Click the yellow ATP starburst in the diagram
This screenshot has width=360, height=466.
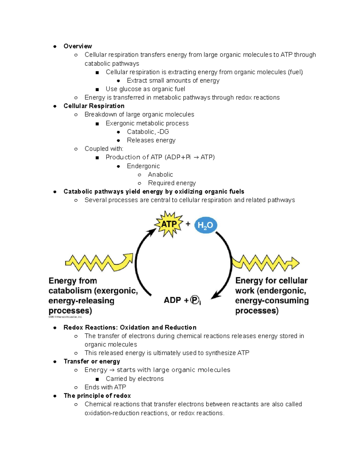click(x=169, y=224)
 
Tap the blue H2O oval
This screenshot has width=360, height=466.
click(x=205, y=225)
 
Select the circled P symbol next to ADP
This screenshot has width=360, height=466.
click(x=195, y=300)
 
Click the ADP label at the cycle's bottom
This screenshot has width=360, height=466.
click(x=172, y=300)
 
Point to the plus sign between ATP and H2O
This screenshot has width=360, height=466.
click(x=188, y=224)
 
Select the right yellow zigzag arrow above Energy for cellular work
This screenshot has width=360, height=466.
click(x=266, y=263)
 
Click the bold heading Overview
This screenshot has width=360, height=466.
click(x=78, y=46)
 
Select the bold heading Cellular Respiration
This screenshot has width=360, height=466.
click(x=94, y=106)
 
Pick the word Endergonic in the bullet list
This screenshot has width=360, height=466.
click(x=143, y=166)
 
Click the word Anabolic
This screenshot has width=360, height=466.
click(x=160, y=175)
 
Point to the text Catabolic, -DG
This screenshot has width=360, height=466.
click(x=148, y=132)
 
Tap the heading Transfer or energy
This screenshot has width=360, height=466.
click(x=92, y=361)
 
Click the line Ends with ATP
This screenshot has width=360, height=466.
click(x=105, y=387)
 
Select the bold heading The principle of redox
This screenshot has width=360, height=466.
click(x=97, y=396)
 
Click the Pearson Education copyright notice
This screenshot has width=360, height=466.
click(x=65, y=317)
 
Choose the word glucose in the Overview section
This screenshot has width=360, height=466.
click(x=130, y=89)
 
